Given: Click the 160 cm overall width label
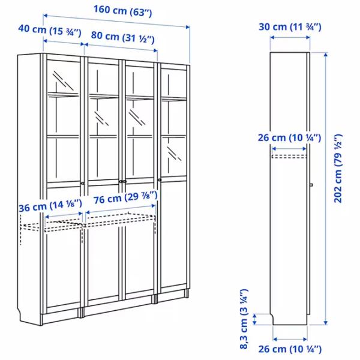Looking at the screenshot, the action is click(123, 11).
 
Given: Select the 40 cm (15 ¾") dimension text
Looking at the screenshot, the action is click(50, 31).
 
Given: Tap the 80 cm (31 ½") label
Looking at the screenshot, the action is click(123, 37).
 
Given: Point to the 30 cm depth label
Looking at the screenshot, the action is click(290, 27).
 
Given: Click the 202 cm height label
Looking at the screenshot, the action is click(338, 169).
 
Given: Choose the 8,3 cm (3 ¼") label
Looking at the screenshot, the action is click(244, 319).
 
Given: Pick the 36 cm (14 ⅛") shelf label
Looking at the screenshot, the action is click(50, 206).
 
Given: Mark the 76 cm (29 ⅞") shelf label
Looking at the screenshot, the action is click(125, 198).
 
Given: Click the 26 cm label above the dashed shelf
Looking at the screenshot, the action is click(290, 138).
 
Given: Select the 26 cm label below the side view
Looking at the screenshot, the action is click(290, 349).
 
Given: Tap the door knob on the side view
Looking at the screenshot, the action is click(311, 185).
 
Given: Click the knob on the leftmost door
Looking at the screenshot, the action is click(82, 184).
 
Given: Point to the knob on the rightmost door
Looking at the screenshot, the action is click(160, 180).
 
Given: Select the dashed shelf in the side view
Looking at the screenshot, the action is click(289, 157).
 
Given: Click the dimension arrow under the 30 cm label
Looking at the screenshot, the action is click(290, 37).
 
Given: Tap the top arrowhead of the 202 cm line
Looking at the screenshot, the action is click(326, 55).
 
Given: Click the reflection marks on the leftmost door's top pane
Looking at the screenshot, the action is click(63, 80).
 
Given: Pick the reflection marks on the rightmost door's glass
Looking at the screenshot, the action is click(174, 154).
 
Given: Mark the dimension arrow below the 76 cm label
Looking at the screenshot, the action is click(121, 209).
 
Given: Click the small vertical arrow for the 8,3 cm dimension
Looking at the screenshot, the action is click(254, 319).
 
